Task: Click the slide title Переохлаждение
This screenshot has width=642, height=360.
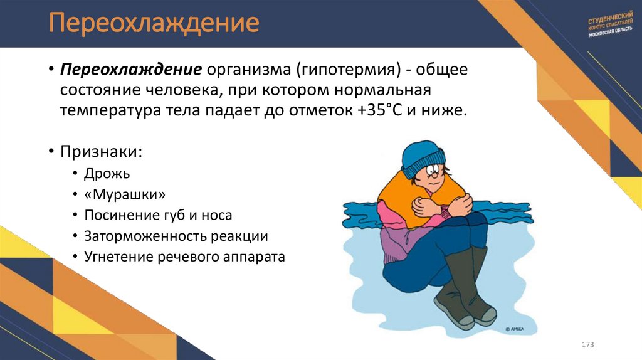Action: tap(155, 24)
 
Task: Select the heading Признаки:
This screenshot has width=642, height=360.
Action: tap(101, 152)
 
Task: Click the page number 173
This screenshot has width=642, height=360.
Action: tap(587, 345)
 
